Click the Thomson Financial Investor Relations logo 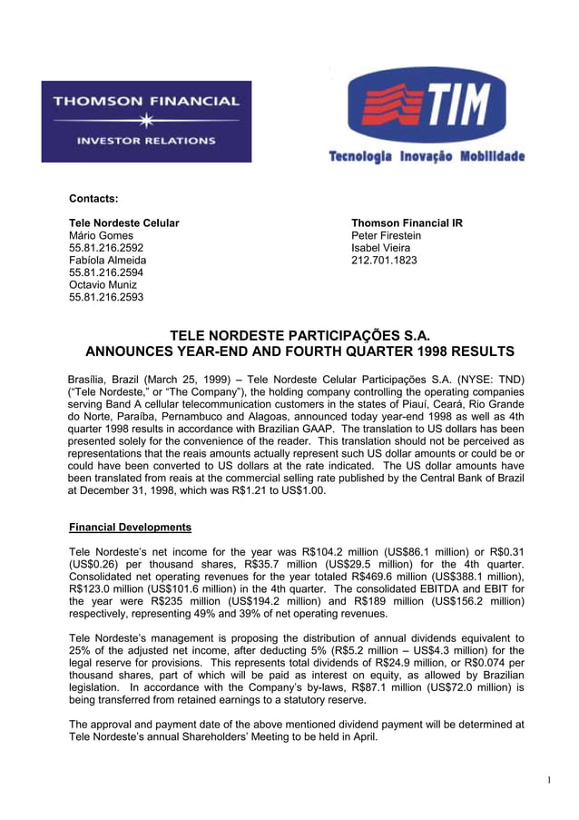(x=146, y=121)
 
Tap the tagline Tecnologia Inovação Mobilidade (x=427, y=157)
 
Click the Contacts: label (x=94, y=198)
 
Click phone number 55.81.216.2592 (x=106, y=248)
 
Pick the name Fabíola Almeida (x=108, y=260)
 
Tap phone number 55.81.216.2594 (x=106, y=272)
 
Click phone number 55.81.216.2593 (x=106, y=297)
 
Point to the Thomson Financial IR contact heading (x=407, y=222)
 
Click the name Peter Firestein (x=386, y=235)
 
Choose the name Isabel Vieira (x=380, y=248)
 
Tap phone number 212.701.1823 (x=384, y=260)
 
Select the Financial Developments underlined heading (x=130, y=527)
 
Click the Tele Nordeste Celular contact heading (x=124, y=222)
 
